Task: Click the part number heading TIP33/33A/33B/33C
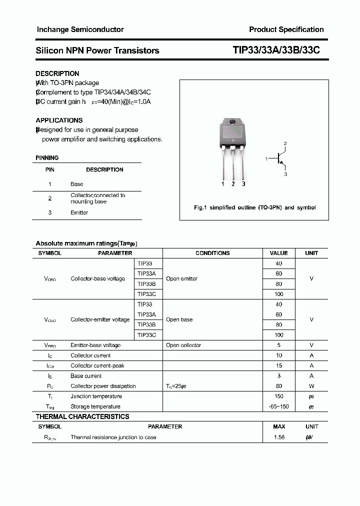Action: click(x=276, y=50)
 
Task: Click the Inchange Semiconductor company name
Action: click(x=80, y=29)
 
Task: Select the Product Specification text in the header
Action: click(x=286, y=29)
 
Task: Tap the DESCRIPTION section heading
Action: click(x=57, y=73)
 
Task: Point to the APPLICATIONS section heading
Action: click(x=59, y=120)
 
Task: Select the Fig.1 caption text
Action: click(x=254, y=207)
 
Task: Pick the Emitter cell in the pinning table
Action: click(x=79, y=212)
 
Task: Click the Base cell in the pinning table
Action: click(x=76, y=184)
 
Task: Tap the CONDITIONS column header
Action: click(x=212, y=253)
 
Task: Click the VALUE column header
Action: click(x=278, y=253)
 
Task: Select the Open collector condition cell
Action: click(x=183, y=345)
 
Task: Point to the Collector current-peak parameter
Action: click(x=97, y=365)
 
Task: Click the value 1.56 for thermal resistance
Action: click(x=279, y=437)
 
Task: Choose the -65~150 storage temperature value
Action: click(x=279, y=406)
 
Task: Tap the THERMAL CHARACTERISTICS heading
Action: click(x=82, y=416)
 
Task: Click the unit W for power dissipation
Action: click(x=311, y=386)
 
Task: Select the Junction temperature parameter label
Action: click(x=95, y=396)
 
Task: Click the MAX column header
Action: click(x=279, y=426)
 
